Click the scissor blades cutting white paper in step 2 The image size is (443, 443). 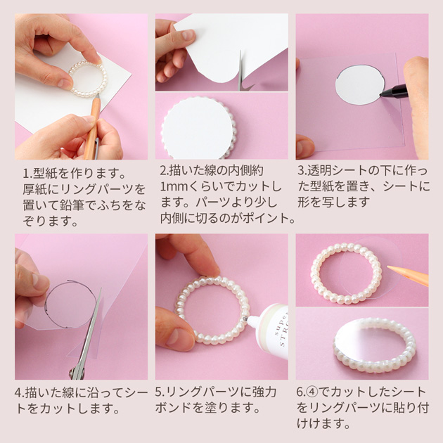[x=240, y=70]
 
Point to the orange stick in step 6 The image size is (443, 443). [x=408, y=274]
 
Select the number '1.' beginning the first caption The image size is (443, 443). [x=27, y=174]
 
